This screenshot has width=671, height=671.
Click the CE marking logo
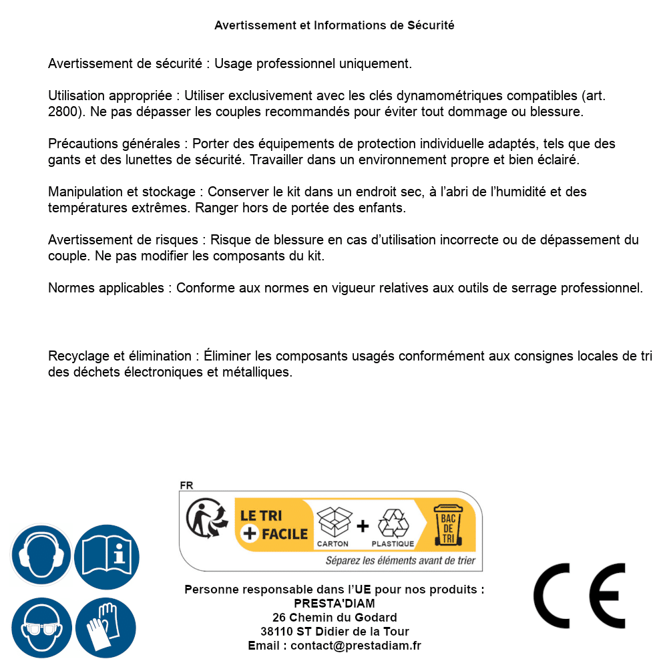(x=579, y=596)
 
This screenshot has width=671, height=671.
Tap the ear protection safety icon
(x=41, y=555)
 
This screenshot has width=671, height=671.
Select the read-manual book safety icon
(x=107, y=555)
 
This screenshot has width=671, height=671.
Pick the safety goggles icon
(x=41, y=628)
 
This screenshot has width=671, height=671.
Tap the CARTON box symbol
(x=333, y=523)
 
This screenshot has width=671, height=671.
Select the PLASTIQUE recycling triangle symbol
(x=393, y=523)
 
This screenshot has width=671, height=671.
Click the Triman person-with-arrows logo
(x=205, y=519)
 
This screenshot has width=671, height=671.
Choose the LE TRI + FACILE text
(x=274, y=525)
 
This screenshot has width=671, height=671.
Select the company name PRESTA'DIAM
(x=334, y=604)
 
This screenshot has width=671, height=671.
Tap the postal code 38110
(x=276, y=632)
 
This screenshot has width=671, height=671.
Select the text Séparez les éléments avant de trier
(x=400, y=561)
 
